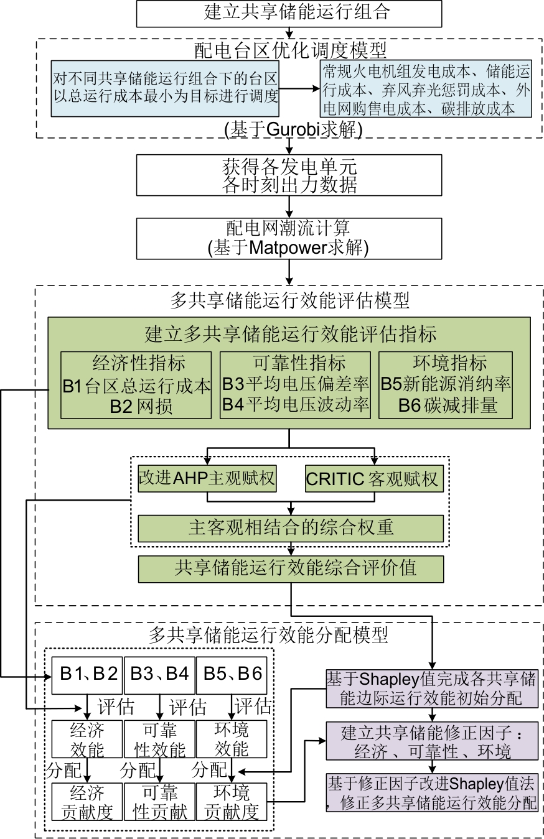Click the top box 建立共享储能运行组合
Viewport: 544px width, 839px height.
click(x=289, y=13)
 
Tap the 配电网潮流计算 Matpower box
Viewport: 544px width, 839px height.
click(x=289, y=238)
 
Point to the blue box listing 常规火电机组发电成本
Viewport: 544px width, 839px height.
click(x=426, y=90)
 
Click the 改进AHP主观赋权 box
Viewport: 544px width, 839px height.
click(x=207, y=480)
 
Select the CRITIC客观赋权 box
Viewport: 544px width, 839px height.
click(x=373, y=480)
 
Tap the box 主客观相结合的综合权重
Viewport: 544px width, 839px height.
click(x=291, y=527)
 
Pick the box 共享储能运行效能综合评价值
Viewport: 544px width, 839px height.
click(x=291, y=568)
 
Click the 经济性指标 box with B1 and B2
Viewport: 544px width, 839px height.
click(x=136, y=385)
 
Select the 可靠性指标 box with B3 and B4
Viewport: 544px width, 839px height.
click(x=296, y=385)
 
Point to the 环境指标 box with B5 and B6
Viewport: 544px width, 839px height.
click(x=446, y=385)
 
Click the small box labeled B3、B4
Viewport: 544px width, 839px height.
click(x=160, y=674)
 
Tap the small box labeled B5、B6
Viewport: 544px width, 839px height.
click(x=232, y=674)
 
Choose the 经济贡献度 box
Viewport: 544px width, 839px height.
click(x=87, y=802)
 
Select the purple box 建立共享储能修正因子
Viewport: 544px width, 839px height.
click(x=432, y=741)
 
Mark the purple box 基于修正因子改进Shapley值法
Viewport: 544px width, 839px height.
click(x=432, y=792)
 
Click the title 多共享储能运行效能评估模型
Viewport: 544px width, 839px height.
click(x=289, y=301)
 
